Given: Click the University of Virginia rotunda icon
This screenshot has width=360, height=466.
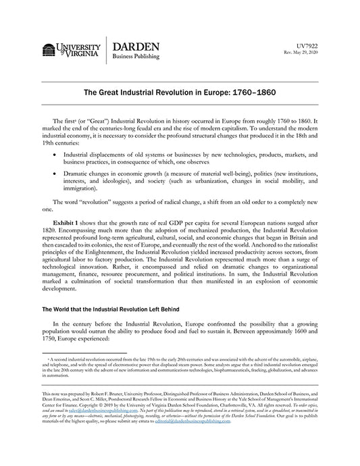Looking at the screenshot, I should click(49, 51).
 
